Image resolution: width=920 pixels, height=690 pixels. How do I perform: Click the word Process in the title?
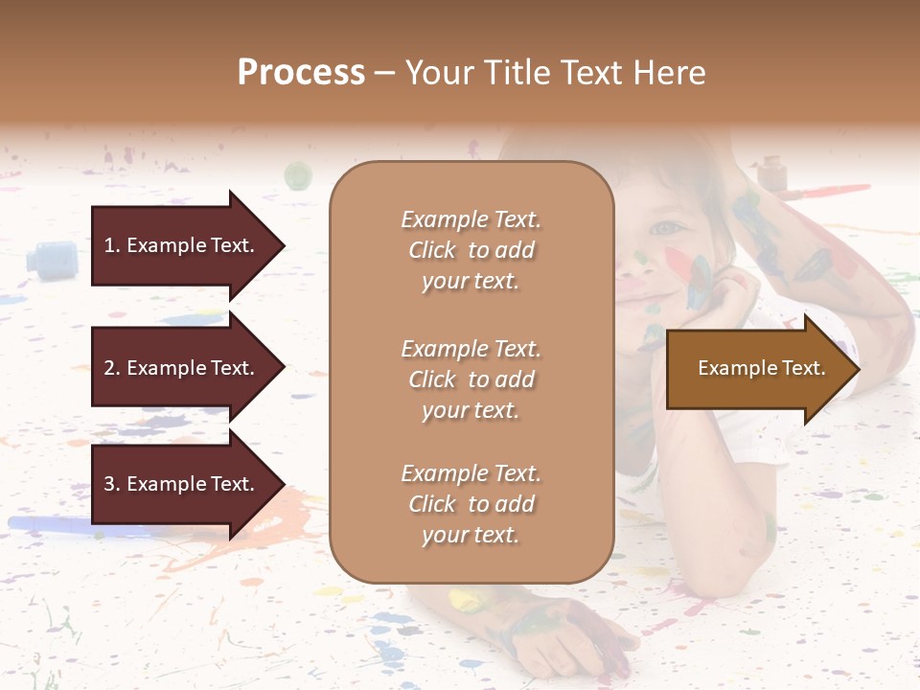301,73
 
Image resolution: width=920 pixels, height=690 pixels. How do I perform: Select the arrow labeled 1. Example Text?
182,245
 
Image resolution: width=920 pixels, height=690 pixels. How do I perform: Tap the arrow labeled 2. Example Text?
182,368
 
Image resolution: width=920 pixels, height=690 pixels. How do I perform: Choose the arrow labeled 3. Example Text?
182,484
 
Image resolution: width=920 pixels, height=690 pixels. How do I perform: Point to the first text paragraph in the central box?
471,250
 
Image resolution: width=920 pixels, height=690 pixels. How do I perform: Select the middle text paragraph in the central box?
471,379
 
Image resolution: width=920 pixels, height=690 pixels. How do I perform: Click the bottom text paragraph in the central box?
471,504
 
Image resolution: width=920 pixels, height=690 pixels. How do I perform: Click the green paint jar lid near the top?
298,175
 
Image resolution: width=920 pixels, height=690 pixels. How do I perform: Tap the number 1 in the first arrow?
109,245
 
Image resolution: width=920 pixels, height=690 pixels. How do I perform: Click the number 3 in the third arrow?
109,484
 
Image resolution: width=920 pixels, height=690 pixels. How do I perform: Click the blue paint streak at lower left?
57,524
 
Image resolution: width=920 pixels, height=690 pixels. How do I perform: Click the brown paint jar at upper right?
771,173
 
